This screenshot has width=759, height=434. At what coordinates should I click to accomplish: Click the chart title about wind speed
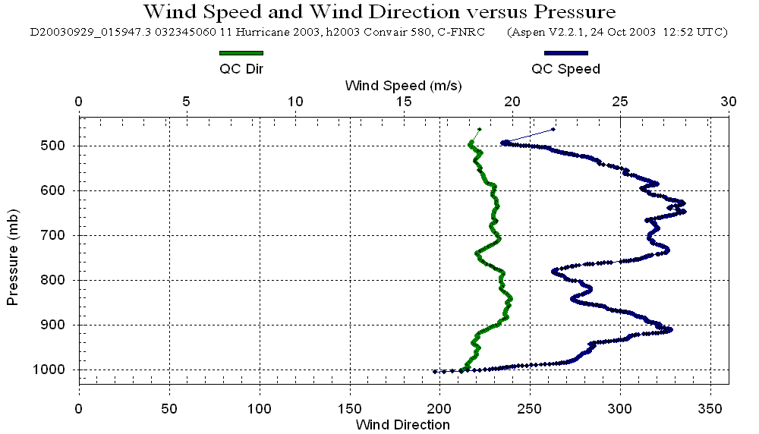(x=379, y=12)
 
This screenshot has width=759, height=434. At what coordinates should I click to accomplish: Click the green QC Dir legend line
(x=241, y=53)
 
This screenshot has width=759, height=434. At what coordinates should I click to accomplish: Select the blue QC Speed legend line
(x=565, y=53)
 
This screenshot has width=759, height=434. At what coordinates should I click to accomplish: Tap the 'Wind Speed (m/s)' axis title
(x=403, y=85)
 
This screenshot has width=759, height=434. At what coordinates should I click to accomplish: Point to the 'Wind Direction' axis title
(x=403, y=424)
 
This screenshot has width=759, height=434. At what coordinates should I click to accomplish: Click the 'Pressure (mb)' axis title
(x=12, y=253)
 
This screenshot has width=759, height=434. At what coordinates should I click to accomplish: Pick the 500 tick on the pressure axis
(x=58, y=146)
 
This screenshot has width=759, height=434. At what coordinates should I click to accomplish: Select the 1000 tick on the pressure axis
(x=55, y=370)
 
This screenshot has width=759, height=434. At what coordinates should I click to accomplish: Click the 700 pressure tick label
(x=58, y=235)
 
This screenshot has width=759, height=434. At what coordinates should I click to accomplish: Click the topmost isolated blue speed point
(x=553, y=129)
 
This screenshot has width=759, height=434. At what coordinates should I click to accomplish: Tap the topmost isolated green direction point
(x=479, y=129)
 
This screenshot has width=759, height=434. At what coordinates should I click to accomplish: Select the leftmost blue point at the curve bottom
(x=434, y=372)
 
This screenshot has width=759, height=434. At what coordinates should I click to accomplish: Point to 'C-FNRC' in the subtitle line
(x=473, y=33)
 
